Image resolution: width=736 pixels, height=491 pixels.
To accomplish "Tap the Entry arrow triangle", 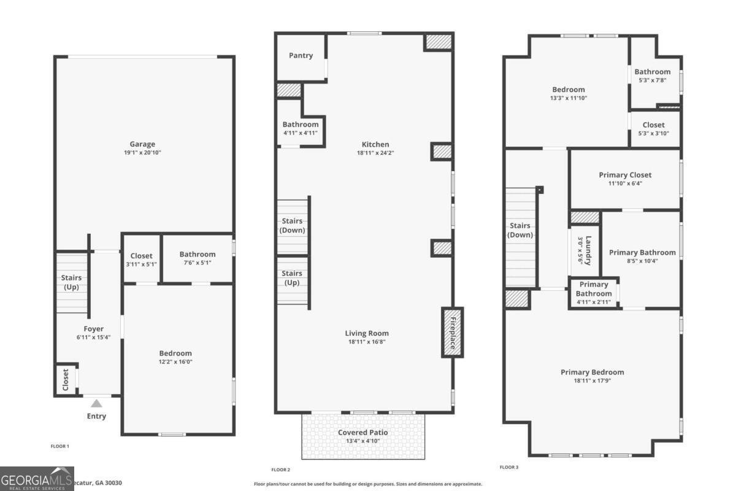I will [x=96, y=403].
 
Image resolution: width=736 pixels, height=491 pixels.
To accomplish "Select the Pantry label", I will [x=301, y=55].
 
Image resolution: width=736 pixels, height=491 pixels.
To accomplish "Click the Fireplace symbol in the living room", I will [x=453, y=332].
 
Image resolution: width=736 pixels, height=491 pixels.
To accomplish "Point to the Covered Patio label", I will [x=362, y=432].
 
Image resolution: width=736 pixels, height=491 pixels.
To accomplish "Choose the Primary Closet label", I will [x=625, y=175].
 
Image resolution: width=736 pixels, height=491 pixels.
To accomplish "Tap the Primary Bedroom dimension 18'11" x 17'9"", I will [x=592, y=381].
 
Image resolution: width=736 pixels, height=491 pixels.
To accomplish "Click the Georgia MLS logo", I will [x=37, y=478].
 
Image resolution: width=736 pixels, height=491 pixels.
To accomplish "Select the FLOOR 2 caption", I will [x=281, y=470].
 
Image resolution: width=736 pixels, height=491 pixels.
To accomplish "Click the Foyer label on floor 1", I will [x=93, y=329].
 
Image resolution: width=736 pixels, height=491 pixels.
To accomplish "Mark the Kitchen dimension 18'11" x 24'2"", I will [x=375, y=153].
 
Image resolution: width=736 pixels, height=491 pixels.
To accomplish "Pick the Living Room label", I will [x=367, y=333].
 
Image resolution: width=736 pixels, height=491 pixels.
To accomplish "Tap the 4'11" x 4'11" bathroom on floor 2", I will [x=301, y=128].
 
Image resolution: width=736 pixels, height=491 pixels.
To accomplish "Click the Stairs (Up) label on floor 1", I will [x=71, y=282].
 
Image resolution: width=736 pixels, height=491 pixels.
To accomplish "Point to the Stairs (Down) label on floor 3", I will [x=520, y=230].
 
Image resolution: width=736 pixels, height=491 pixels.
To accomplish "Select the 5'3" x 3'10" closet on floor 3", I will [x=653, y=129].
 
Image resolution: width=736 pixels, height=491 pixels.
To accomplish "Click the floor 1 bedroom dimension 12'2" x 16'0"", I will [x=175, y=361].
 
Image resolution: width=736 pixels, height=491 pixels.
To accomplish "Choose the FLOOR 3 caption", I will [x=509, y=467].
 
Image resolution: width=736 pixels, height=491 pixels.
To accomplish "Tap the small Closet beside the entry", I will [x=66, y=380].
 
